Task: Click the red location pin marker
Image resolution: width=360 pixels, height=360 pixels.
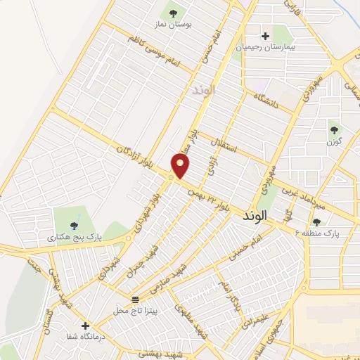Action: click(181, 166)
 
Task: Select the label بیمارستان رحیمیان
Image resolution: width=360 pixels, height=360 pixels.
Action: click(264, 46)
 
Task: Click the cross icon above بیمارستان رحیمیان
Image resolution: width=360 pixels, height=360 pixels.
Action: click(265, 36)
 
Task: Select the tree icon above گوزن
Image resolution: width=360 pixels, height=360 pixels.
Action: click(333, 130)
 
